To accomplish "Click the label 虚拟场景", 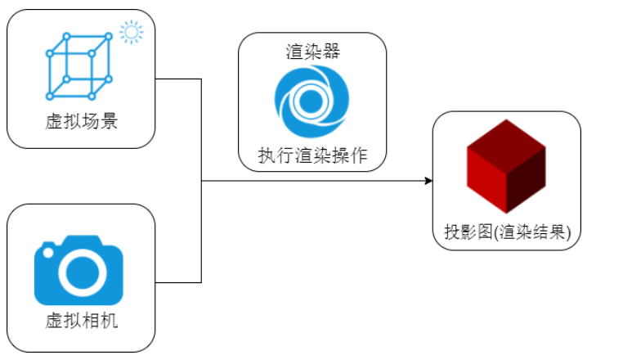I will point(81,123).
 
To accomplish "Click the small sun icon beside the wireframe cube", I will point(131,33).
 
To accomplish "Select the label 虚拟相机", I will point(81,320).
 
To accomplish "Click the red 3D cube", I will point(506,168).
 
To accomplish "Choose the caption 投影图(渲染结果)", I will point(507,232).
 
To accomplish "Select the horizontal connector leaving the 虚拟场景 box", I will point(178,79).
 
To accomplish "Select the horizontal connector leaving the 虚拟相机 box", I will point(178,282).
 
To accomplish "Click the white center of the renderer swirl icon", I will point(310,101).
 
